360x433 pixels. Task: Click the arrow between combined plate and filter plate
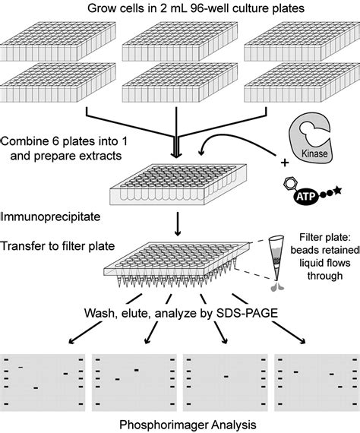(x=175, y=223)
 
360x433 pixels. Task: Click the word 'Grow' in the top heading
(x=103, y=9)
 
